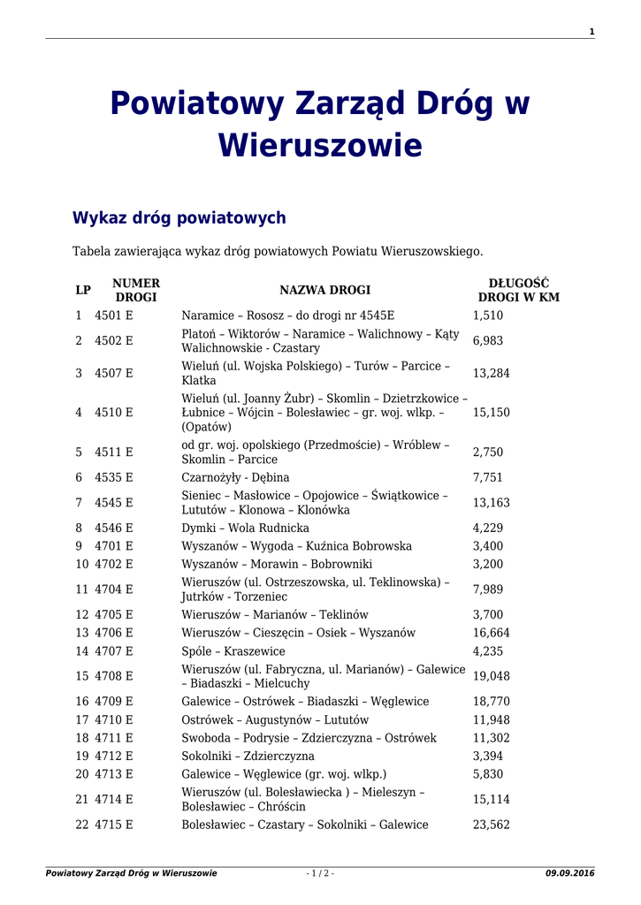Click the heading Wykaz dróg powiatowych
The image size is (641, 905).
179,217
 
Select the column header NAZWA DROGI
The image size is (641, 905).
324,290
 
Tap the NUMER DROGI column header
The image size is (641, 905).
136,290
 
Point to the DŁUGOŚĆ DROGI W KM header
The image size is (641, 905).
519,290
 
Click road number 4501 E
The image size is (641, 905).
114,316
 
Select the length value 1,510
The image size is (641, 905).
488,316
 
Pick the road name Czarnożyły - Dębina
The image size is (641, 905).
235,477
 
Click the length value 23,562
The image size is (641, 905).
491,825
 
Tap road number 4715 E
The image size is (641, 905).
114,825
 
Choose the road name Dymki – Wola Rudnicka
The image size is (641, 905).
245,528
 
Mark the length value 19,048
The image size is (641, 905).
491,676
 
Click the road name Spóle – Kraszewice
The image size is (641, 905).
233,651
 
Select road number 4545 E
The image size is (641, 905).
114,502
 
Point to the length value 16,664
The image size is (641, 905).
491,633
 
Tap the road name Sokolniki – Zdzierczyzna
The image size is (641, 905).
248,756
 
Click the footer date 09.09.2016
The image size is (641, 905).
570,873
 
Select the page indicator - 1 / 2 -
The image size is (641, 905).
320,873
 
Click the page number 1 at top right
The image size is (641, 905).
591,32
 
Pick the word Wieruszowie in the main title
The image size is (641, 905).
320,145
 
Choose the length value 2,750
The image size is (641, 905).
488,452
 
